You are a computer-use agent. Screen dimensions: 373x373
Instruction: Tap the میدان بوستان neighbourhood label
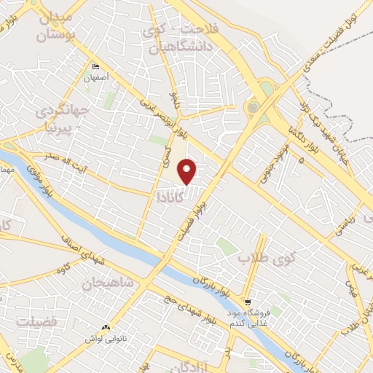click(x=55, y=25)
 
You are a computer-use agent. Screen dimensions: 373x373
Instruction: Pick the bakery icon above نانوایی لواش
click(x=106, y=329)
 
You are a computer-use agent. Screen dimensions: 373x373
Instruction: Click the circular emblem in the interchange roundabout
click(x=253, y=107)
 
